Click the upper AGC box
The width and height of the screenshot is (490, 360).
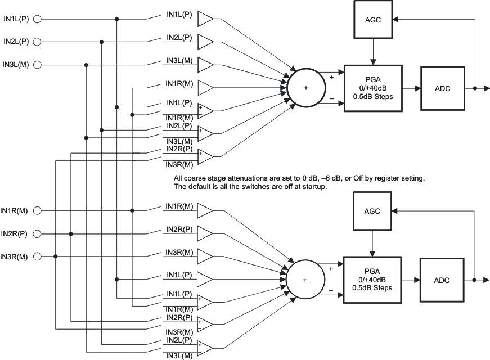(x=372, y=20)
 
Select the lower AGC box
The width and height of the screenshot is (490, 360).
(x=372, y=211)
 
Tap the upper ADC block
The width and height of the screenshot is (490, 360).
(x=442, y=88)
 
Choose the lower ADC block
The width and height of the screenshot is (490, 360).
(x=442, y=280)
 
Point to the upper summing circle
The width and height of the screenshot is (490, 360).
(x=307, y=88)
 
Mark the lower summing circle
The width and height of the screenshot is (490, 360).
(x=305, y=280)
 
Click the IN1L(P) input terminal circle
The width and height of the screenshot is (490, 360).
(x=38, y=19)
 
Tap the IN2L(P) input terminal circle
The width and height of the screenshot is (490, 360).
(x=38, y=42)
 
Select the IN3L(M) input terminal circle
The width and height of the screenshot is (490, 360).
(x=38, y=65)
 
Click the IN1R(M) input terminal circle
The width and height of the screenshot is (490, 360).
(x=38, y=211)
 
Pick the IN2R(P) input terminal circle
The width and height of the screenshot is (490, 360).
(x=38, y=233)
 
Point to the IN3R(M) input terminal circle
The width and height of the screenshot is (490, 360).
(x=38, y=257)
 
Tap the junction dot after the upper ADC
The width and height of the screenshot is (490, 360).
(x=475, y=88)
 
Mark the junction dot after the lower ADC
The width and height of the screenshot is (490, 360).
(x=475, y=280)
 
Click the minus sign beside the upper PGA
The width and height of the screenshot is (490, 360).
(x=331, y=100)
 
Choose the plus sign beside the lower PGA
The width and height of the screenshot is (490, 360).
(x=331, y=269)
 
